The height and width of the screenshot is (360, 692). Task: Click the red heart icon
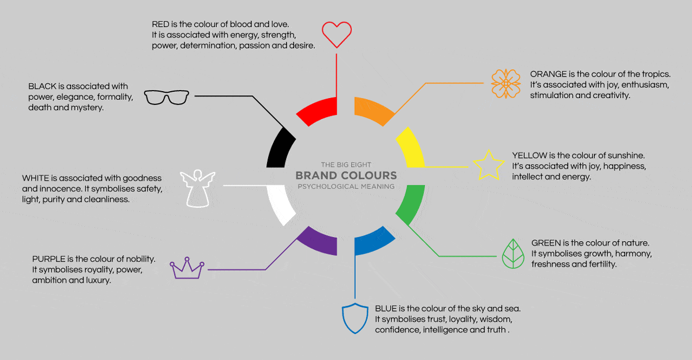336,34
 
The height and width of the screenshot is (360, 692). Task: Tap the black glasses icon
166,97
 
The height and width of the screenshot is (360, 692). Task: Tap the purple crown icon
187,269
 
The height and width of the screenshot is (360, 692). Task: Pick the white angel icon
197,187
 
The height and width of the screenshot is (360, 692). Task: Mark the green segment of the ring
411,205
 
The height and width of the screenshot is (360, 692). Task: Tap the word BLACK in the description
42,87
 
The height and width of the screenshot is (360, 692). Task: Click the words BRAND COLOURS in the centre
346,175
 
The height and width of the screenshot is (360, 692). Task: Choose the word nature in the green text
633,243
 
